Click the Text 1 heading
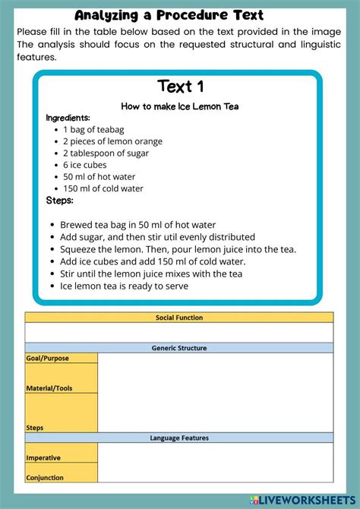tap(180, 86)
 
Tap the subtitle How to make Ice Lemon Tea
tap(180, 106)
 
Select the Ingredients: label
tap(68, 118)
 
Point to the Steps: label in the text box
tap(60, 201)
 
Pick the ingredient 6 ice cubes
tap(84, 165)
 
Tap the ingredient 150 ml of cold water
tap(103, 188)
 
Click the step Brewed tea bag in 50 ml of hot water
tap(137, 225)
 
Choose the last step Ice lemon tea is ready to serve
tap(124, 286)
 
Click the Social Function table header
tap(179, 318)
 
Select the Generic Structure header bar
tap(179, 348)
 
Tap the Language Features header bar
tap(179, 438)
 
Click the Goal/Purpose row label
tap(46, 357)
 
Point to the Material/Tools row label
tap(49, 388)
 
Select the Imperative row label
tap(43, 458)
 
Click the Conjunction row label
tap(45, 478)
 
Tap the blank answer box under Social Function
tap(179, 333)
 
